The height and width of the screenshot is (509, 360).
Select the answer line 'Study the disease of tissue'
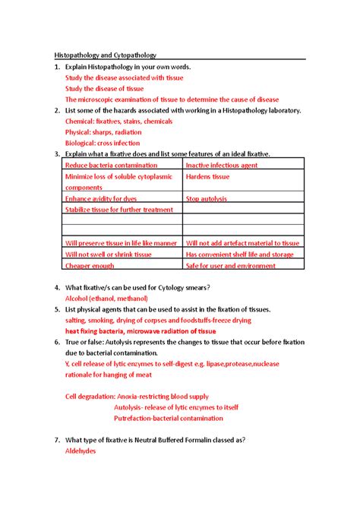(104, 88)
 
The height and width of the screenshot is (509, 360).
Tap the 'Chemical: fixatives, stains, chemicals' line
(119, 121)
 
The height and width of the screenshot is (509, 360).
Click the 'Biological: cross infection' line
(103, 143)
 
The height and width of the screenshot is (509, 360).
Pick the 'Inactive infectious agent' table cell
(222, 165)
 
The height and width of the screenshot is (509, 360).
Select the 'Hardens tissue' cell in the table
(207, 176)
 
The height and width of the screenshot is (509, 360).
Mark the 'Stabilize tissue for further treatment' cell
(119, 210)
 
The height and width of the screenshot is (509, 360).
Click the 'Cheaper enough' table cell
(90, 266)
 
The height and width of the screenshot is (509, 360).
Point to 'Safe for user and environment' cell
(230, 266)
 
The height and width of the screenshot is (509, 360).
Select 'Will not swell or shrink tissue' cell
(109, 254)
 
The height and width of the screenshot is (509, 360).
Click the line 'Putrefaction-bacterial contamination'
(168, 418)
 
